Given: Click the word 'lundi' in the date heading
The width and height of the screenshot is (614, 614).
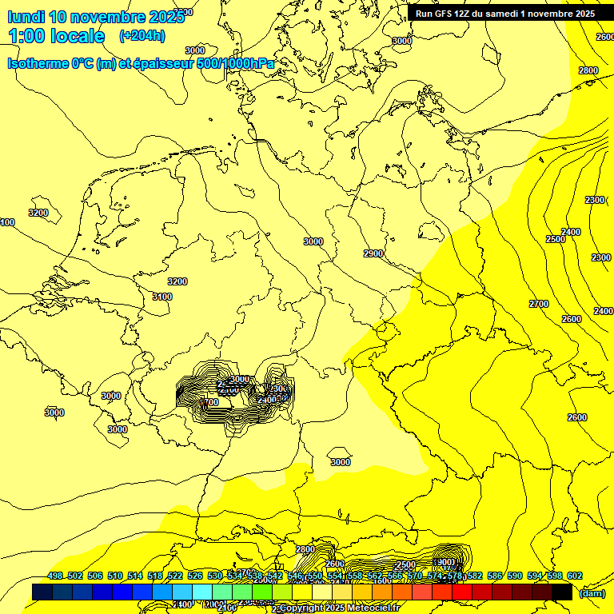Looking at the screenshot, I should click(26, 17).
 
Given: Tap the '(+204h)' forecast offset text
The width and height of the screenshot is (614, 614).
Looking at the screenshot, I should click(142, 35).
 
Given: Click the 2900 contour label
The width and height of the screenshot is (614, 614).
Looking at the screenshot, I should click(373, 253).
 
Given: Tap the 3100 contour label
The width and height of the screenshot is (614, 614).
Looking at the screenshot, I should click(162, 297).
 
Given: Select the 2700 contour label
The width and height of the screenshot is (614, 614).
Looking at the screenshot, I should click(539, 304).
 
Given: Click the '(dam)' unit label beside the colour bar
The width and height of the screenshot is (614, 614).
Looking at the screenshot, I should click(591, 592).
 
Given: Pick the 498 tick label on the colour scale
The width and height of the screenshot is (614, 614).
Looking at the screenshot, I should click(55, 576).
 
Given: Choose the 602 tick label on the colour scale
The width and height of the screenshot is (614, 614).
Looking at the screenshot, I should click(575, 576).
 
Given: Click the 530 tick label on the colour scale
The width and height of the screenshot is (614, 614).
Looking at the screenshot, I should click(215, 576).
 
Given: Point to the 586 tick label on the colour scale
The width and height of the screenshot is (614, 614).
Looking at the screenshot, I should click(495, 576).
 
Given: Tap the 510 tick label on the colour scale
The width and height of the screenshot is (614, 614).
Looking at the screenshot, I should click(115, 576).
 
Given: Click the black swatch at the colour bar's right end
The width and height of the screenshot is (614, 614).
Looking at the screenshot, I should click(562, 592).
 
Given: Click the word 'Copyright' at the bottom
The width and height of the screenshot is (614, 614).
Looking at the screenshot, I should click(304, 608).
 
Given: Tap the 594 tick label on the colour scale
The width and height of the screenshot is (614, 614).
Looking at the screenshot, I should click(535, 576).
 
